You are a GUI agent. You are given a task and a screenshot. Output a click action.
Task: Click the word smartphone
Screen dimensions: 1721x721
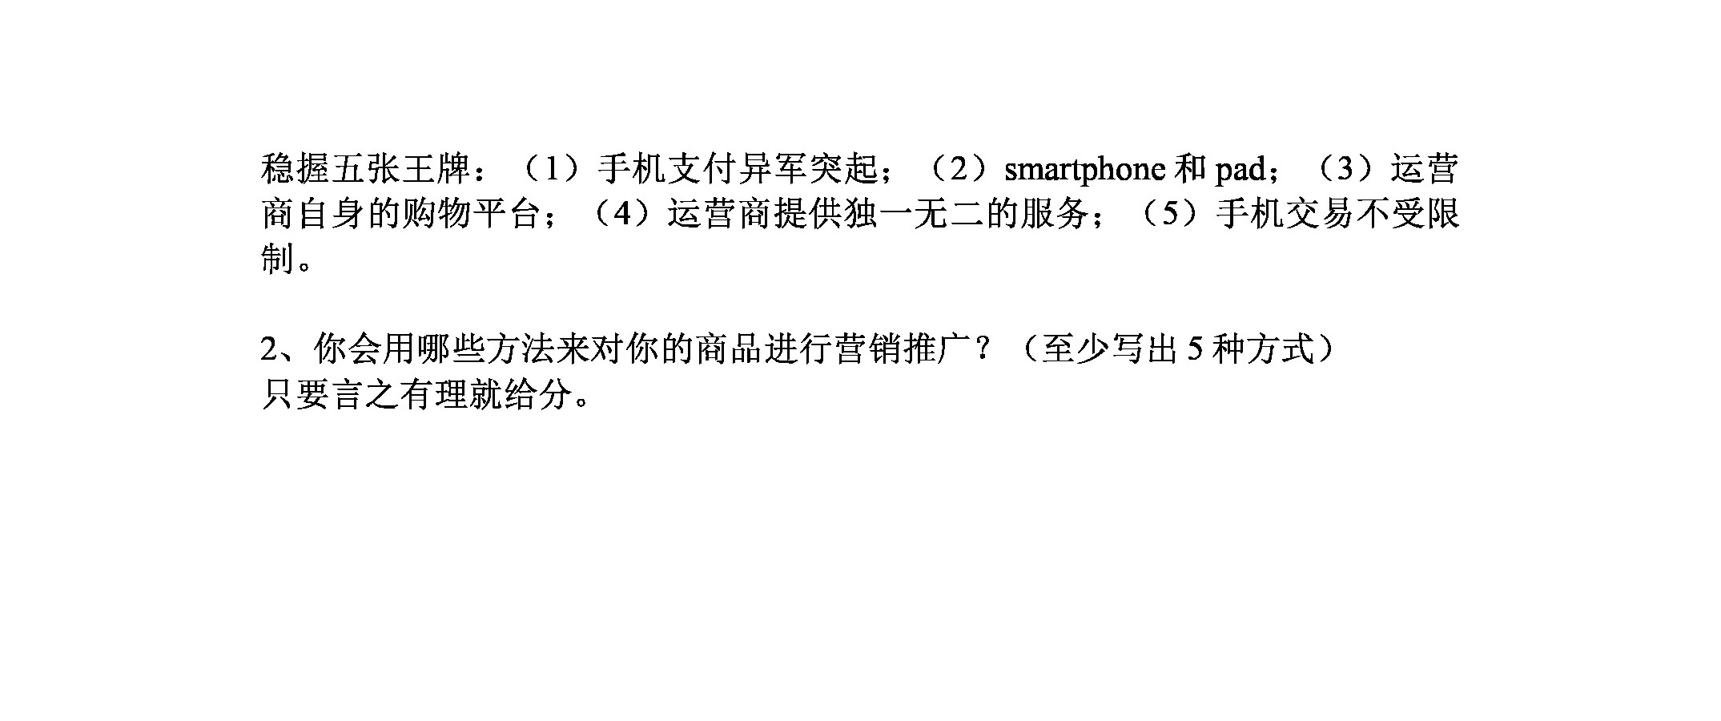(x=1084, y=170)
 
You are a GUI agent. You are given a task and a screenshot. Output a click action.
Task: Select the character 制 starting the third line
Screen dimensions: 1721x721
(x=278, y=259)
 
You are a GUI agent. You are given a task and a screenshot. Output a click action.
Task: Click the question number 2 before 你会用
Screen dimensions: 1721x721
(x=269, y=349)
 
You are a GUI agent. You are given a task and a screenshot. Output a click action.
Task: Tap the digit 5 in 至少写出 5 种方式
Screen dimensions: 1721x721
(x=1194, y=349)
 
